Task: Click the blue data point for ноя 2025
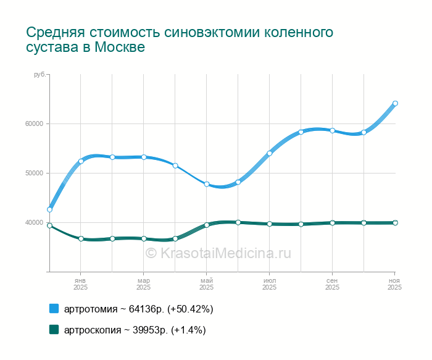(x=395, y=104)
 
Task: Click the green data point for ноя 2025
(x=395, y=223)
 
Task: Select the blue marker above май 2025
(x=207, y=184)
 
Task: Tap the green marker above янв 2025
(x=81, y=238)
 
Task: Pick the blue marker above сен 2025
(x=332, y=130)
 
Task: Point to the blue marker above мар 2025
(x=144, y=157)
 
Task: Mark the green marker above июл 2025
(x=270, y=224)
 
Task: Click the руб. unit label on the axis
(x=39, y=75)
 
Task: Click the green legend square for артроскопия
(x=54, y=330)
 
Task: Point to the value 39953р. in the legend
(x=151, y=330)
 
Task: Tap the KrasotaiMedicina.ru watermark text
(x=225, y=253)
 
